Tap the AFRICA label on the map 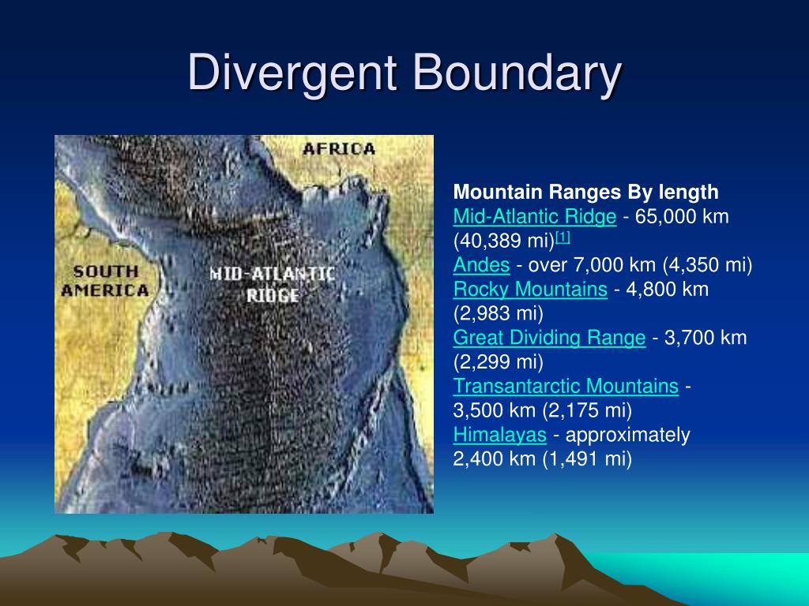point(339,149)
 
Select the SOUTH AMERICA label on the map point(105,281)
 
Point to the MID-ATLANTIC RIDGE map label point(273,284)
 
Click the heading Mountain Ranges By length point(585,193)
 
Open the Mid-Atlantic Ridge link point(535,216)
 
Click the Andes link point(481,265)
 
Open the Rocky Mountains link point(530,289)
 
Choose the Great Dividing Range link point(550,338)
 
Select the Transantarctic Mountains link point(566,386)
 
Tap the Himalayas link point(499,435)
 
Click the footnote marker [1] point(563,238)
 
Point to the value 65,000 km point(682,216)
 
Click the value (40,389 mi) point(503,241)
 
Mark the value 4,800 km point(667,289)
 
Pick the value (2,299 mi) point(498,361)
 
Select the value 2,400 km point(495,458)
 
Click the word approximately point(628,435)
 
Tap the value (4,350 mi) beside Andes point(707,265)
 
